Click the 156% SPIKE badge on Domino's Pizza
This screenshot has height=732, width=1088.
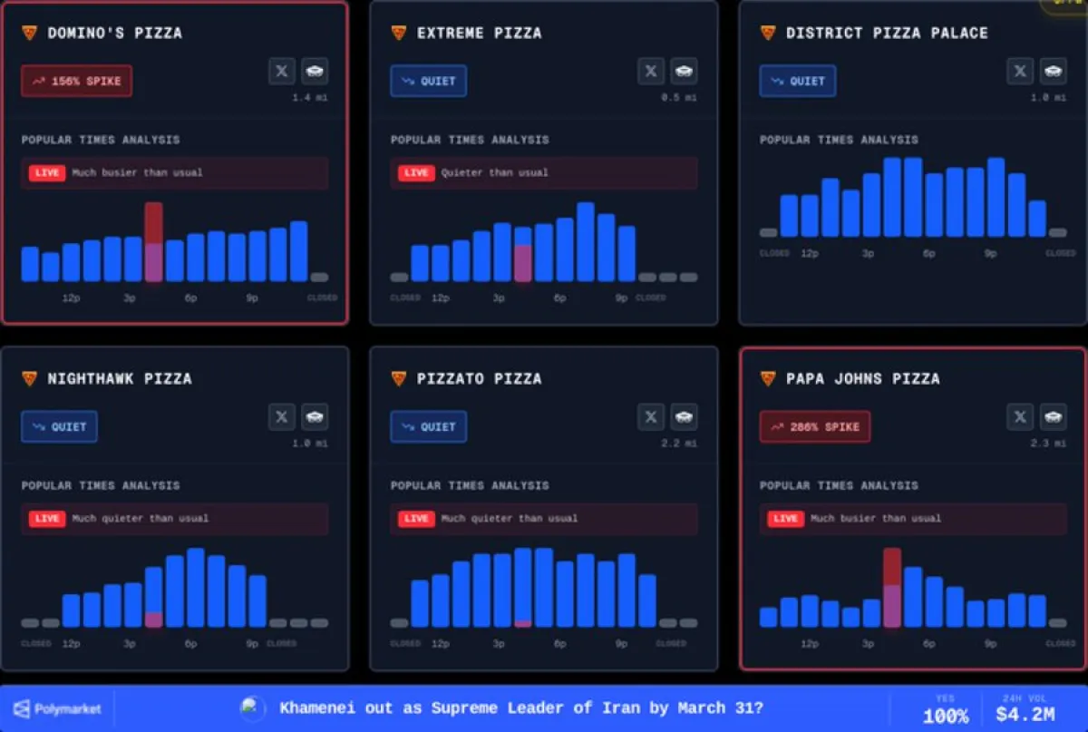coord(77,81)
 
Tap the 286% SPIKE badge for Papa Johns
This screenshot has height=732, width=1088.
coord(815,426)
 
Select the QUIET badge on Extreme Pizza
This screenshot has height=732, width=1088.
coord(429,81)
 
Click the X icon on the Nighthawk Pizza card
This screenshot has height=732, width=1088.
coord(282,417)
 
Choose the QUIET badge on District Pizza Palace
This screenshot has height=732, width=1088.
coord(798,81)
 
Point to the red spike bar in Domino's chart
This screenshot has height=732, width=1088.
coord(154,223)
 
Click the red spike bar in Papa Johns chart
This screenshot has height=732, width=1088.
coord(892,567)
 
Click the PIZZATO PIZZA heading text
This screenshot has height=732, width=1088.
coord(479,378)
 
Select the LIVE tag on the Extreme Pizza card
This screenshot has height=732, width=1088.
coord(416,172)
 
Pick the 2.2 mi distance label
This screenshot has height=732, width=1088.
coord(685,444)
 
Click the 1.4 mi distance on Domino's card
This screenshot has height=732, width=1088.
coord(310,97)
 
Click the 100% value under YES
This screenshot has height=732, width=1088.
coord(946,716)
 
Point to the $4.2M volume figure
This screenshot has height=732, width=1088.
coord(1025,715)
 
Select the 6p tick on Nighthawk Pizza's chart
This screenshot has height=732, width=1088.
coord(191,644)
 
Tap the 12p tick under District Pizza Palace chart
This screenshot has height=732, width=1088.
coord(810,253)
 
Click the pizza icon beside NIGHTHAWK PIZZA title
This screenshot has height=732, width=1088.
coord(29,378)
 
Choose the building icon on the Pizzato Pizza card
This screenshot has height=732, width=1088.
coord(685,417)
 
